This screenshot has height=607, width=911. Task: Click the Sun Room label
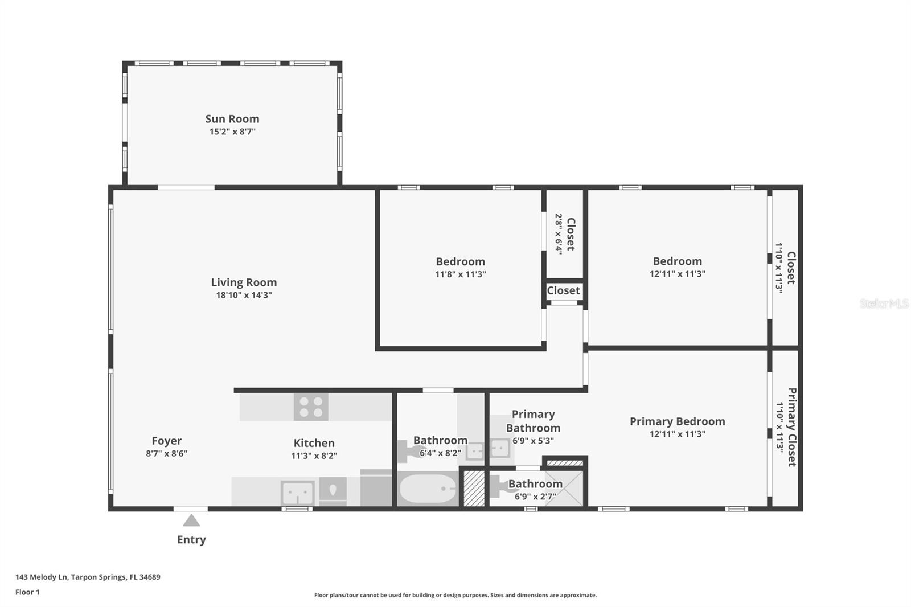coord(232,119)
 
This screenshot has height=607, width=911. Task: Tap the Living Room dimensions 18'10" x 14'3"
coord(244,295)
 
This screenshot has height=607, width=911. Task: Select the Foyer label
coord(166,441)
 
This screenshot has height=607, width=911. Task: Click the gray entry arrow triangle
coord(191,520)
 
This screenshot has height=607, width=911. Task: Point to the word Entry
coord(191,540)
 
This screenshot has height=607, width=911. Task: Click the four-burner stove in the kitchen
coord(311,407)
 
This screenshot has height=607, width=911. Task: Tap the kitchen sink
coord(297,493)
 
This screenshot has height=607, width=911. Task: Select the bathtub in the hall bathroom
coord(428,489)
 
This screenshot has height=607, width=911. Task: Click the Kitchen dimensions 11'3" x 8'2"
coord(314,456)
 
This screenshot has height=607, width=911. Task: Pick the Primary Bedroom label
coord(677,421)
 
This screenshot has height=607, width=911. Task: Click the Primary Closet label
coord(792,427)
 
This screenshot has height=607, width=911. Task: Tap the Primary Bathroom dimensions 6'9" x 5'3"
coord(533,441)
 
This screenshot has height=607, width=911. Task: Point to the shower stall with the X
coord(564,489)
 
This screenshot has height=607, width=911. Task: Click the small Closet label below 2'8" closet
coord(563,290)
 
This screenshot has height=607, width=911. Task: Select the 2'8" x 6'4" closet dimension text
coord(559,235)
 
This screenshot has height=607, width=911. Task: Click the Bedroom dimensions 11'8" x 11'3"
coord(461,274)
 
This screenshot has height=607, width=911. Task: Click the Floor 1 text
coord(27,592)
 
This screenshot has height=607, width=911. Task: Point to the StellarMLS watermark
coord(884,303)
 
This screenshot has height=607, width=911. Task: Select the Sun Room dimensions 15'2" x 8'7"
coord(232,132)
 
